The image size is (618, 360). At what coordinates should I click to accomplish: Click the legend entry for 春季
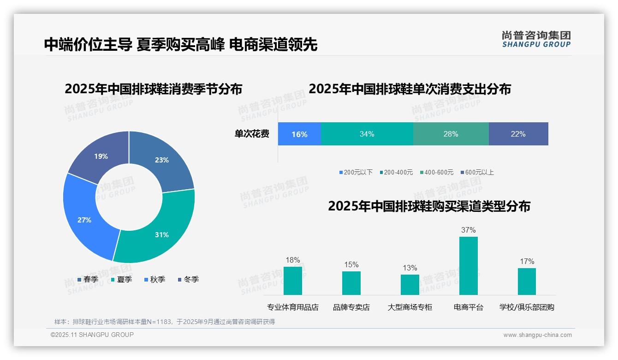[88, 279]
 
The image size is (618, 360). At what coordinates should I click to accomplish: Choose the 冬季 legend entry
[189, 279]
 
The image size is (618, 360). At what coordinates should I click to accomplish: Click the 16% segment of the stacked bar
[299, 134]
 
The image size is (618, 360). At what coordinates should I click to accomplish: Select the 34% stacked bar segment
[367, 134]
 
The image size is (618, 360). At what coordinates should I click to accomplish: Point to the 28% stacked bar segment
[451, 134]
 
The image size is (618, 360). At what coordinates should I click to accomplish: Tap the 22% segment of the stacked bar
[518, 134]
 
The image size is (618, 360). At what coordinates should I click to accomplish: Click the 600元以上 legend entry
[477, 172]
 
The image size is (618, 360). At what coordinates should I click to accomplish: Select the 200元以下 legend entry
[356, 172]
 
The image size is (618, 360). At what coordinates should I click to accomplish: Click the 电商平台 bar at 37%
[469, 266]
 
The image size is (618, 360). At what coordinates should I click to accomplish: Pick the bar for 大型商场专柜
[410, 285]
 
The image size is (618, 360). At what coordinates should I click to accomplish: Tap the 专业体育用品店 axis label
[293, 307]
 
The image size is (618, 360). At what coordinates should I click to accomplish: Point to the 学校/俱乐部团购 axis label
[527, 307]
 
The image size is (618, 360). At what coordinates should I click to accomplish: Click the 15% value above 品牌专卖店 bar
[351, 265]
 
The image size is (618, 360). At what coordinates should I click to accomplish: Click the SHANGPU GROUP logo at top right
[536, 39]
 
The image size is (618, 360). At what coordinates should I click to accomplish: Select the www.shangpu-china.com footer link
[537, 335]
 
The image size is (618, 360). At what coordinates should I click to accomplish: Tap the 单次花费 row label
[252, 134]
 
